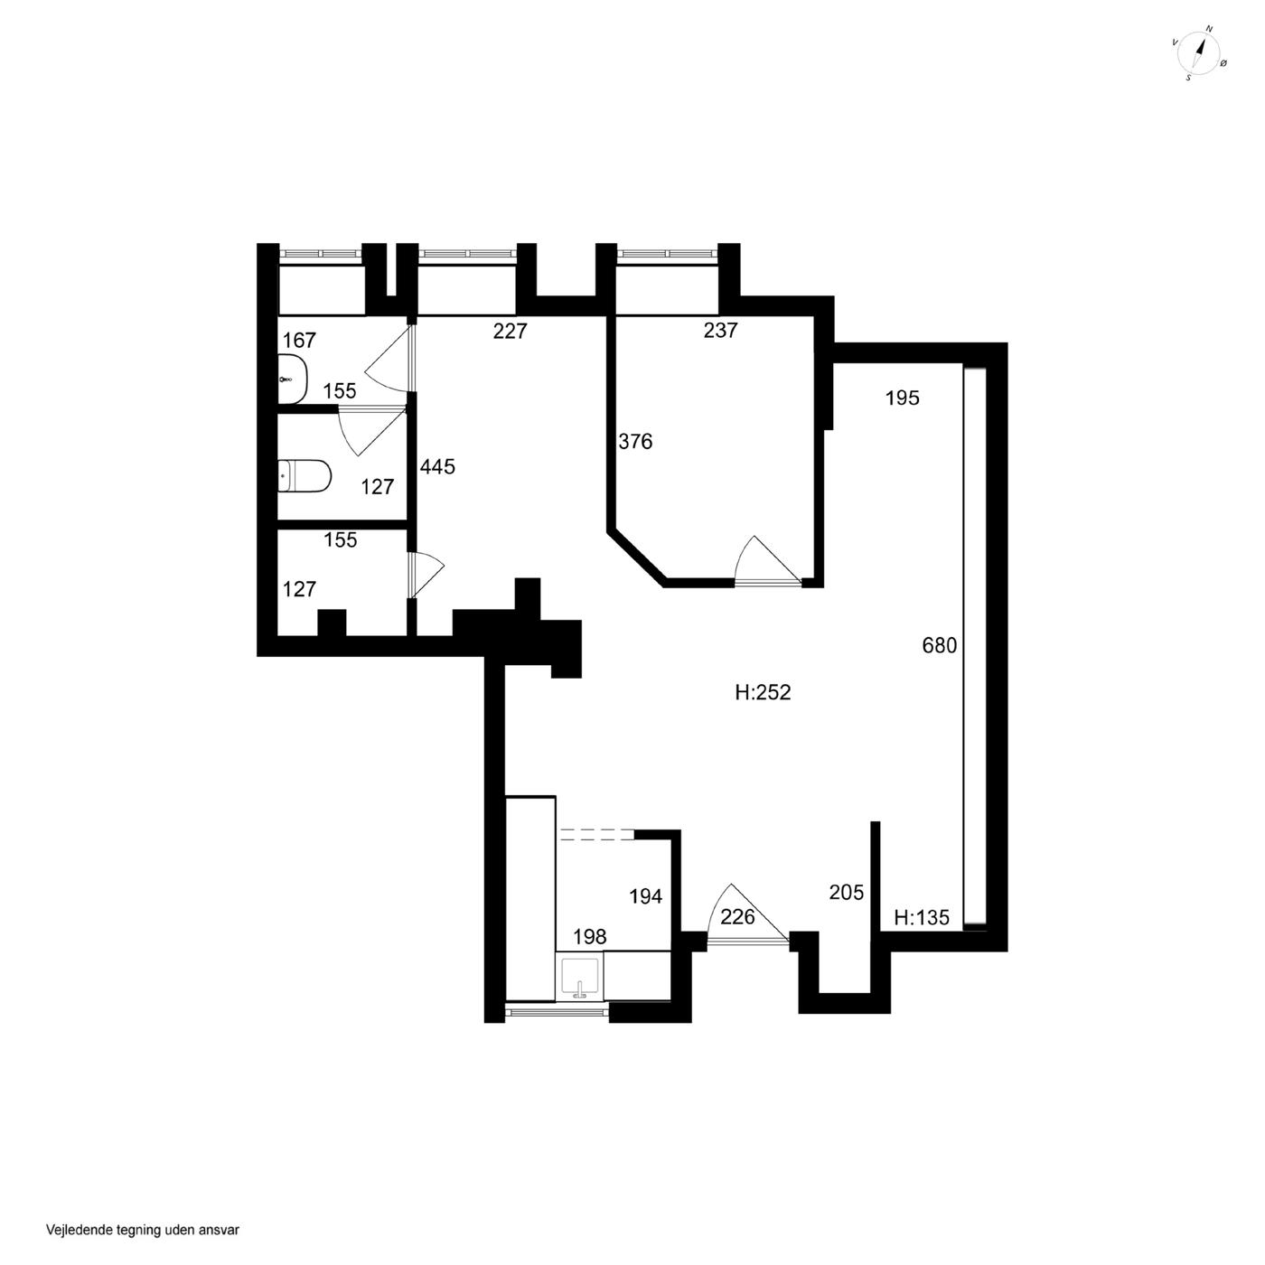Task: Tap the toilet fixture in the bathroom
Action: [304, 475]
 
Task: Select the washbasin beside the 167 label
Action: [292, 379]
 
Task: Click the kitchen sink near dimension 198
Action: [580, 979]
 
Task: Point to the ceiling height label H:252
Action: [763, 692]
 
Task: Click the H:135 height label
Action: [922, 917]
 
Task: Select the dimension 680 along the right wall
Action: [940, 645]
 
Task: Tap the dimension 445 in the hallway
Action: [437, 467]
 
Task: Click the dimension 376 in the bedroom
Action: [635, 442]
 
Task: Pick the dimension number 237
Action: [720, 330]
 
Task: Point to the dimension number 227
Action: [511, 331]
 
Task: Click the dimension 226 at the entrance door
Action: [737, 916]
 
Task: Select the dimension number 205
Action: [846, 892]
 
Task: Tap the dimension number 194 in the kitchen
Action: [645, 896]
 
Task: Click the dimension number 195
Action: [902, 398]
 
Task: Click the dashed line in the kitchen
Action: [596, 834]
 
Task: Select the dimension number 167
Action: [299, 340]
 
